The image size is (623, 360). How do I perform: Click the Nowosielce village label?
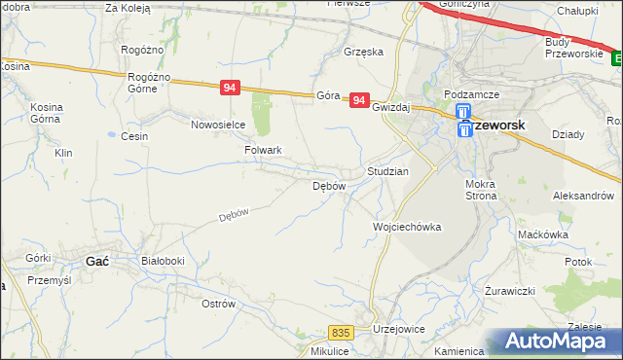[217, 125]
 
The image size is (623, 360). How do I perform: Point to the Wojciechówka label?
[407, 227]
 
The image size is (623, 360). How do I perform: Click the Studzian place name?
[387, 170]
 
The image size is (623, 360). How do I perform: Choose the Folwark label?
[264, 151]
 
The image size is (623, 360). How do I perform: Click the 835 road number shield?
[340, 333]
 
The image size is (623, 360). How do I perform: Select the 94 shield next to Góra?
[360, 99]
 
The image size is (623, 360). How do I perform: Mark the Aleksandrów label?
[588, 196]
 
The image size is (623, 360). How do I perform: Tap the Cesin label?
[134, 136]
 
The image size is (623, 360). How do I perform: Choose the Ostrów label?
[218, 304]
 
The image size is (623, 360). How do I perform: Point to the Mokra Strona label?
[482, 190]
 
